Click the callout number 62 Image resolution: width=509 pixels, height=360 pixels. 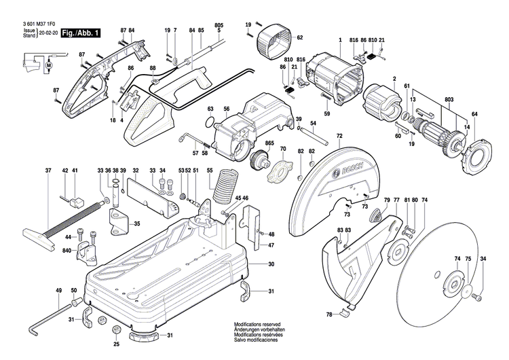click(x=299, y=37)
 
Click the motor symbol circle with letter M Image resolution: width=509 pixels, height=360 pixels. click(x=48, y=65)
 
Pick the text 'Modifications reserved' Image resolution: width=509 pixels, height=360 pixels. click(x=257, y=325)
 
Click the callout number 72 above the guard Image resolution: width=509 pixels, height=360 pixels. click(x=339, y=137)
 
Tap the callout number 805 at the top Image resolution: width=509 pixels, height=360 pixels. click(x=218, y=24)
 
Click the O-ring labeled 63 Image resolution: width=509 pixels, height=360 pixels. click(x=213, y=125)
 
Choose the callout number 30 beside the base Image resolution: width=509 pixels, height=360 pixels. click(x=270, y=264)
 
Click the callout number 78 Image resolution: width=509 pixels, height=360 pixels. click(x=329, y=314)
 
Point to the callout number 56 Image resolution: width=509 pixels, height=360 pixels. click(x=227, y=109)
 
